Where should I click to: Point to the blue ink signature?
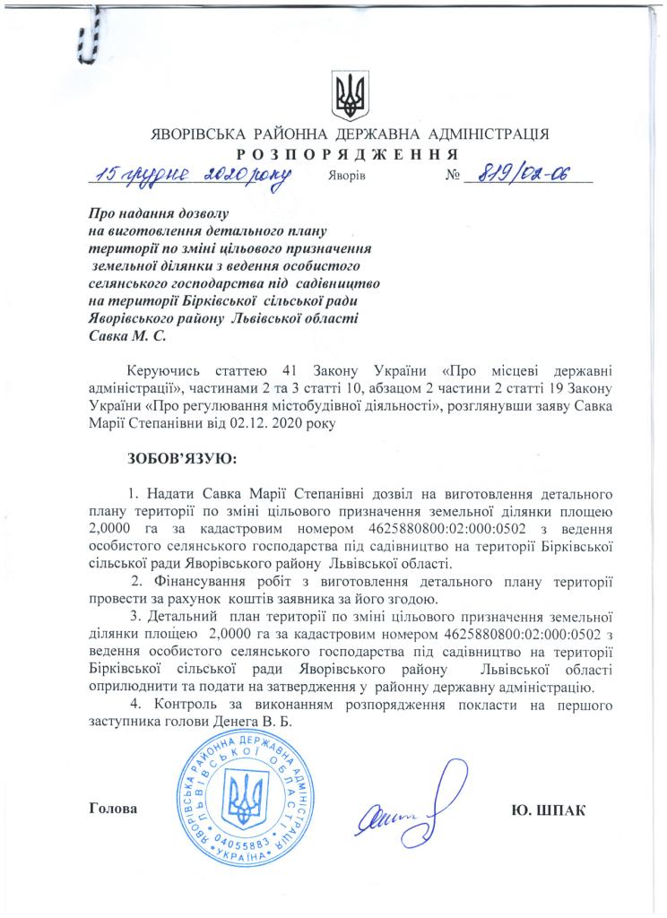click(404, 806)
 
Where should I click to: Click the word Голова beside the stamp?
click(114, 810)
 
